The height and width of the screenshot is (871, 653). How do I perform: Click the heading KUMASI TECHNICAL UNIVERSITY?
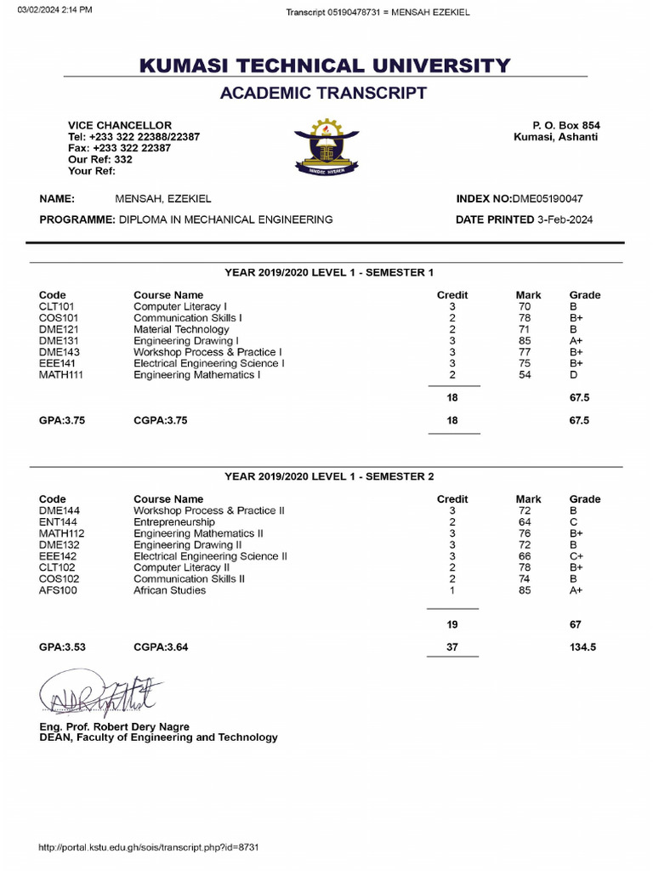326,65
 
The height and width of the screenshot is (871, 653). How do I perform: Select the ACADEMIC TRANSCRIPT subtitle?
323,93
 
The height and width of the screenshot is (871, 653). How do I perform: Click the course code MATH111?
61,374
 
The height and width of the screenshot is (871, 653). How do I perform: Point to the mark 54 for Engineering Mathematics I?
525,374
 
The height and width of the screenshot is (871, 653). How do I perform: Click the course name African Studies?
169,590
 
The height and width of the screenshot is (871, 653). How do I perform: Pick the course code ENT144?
58,522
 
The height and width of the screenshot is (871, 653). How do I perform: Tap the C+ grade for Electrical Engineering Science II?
577,556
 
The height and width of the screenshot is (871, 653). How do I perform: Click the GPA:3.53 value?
62,647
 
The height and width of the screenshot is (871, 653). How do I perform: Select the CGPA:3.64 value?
161,647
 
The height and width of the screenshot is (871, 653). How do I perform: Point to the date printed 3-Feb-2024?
565,219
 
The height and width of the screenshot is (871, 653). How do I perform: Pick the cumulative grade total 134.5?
582,647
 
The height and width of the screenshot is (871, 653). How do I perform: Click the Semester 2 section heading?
329,476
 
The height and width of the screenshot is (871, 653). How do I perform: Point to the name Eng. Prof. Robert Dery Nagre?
114,727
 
